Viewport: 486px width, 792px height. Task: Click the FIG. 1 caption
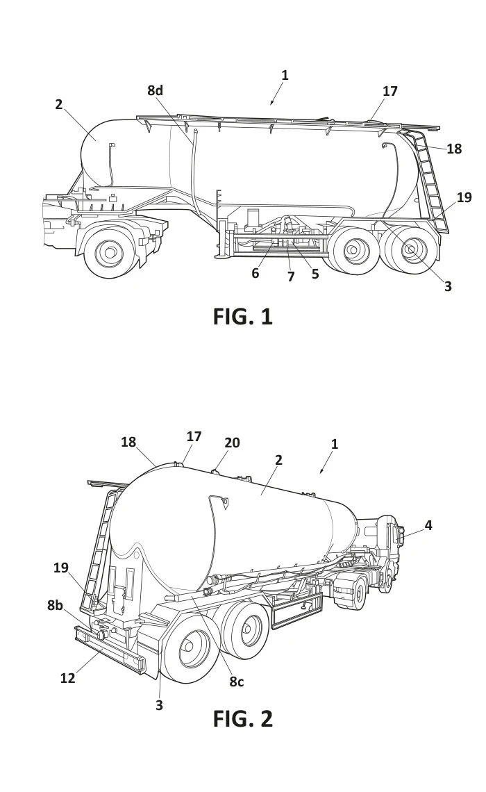[x=242, y=317]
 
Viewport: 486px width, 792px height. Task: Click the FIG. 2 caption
[x=242, y=719]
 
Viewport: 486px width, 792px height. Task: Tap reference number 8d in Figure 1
[x=156, y=90]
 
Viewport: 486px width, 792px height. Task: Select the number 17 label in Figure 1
[x=390, y=91]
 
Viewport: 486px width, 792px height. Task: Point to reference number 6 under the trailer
[x=255, y=273]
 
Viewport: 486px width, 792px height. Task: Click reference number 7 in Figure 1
[x=291, y=277]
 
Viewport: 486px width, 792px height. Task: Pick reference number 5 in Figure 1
[x=315, y=274]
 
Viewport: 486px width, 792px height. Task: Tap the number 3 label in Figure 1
[x=448, y=286]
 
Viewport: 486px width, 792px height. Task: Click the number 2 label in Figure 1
[x=59, y=104]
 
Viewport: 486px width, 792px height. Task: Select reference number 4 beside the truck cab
[x=428, y=526]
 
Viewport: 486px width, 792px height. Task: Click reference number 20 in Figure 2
[x=232, y=443]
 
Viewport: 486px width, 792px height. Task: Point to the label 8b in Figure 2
[x=56, y=605]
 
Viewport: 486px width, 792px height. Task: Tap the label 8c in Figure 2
[x=237, y=682]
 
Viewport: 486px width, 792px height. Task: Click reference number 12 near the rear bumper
[x=67, y=678]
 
